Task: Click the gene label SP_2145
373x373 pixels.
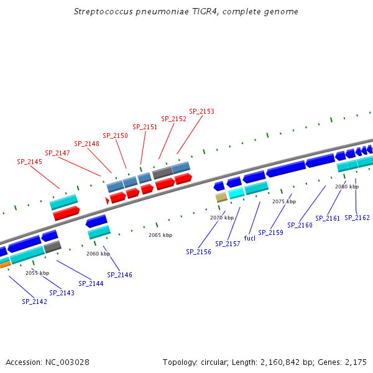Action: tap(29, 162)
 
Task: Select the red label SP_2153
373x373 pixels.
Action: tap(201, 111)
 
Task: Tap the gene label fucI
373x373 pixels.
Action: tap(250, 238)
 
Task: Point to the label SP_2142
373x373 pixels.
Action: tap(34, 302)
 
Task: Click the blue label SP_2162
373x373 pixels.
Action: tap(357, 218)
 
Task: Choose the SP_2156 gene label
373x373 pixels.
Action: tap(199, 252)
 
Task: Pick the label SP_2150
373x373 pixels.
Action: tap(116, 136)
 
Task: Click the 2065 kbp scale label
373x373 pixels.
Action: tap(160, 235)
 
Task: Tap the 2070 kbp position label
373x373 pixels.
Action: tap(222, 218)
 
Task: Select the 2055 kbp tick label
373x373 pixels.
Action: tap(37, 273)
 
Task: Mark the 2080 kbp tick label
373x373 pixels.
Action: tap(347, 186)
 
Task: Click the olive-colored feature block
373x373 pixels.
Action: tap(221, 198)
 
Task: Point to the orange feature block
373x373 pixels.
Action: tap(5, 265)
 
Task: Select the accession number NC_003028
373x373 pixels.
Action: tap(67, 362)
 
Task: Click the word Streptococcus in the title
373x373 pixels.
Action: tap(103, 12)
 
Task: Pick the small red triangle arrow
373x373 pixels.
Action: tap(107, 201)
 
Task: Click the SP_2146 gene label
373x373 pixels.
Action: tap(119, 275)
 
